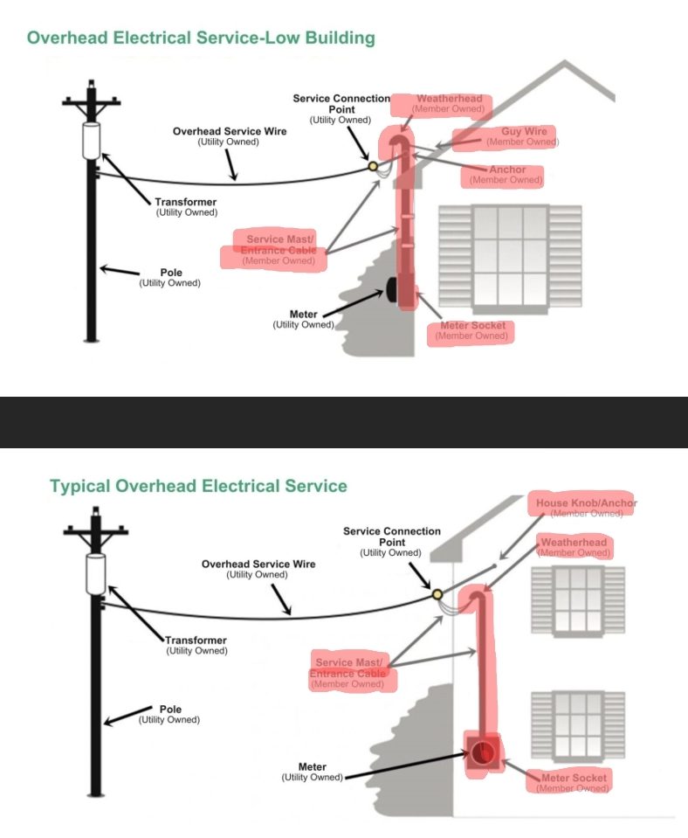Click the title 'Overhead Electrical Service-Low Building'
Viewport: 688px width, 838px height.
[201, 38]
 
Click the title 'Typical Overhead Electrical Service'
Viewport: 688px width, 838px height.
[198, 486]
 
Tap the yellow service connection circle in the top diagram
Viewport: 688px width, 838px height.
[373, 164]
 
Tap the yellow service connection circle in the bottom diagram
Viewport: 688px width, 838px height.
[437, 595]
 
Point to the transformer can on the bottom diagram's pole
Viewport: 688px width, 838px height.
[95, 572]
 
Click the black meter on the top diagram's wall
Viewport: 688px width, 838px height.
[390, 292]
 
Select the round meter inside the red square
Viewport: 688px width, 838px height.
[484, 752]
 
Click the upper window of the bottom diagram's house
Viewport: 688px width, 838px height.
[578, 599]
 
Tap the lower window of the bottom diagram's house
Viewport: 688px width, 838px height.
[578, 724]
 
